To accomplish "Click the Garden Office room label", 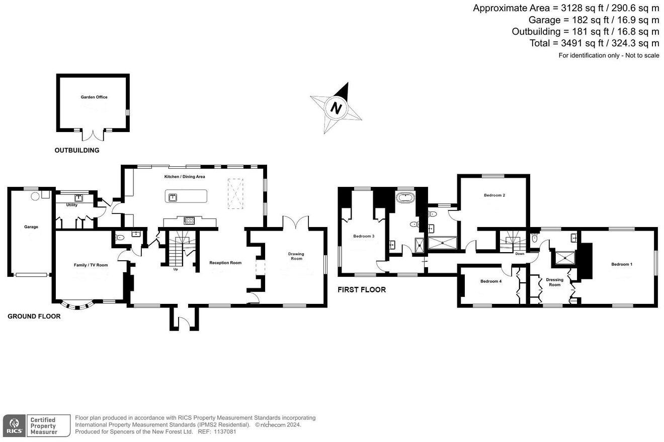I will pyautogui.click(x=94, y=97).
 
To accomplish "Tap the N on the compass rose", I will pyautogui.click(x=337, y=108).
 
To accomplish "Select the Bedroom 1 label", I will pyautogui.click(x=622, y=264).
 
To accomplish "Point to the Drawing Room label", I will pyautogui.click(x=296, y=256).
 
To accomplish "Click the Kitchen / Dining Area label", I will pyautogui.click(x=185, y=177).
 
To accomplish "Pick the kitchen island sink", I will pyautogui.click(x=173, y=196).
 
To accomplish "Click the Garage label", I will pyautogui.click(x=31, y=227).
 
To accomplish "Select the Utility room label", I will pyautogui.click(x=71, y=205).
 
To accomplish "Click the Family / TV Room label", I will pyautogui.click(x=91, y=265).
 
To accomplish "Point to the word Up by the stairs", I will pyautogui.click(x=176, y=269).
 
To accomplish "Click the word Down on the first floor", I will pyautogui.click(x=520, y=254).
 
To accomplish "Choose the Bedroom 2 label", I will pyautogui.click(x=494, y=195).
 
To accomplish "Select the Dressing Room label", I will pyautogui.click(x=554, y=282).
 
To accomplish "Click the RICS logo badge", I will pyautogui.click(x=15, y=425).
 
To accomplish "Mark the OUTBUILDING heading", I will pyautogui.click(x=77, y=150).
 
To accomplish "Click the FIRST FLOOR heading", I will pyautogui.click(x=362, y=290).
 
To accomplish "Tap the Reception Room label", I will pyautogui.click(x=225, y=263).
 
